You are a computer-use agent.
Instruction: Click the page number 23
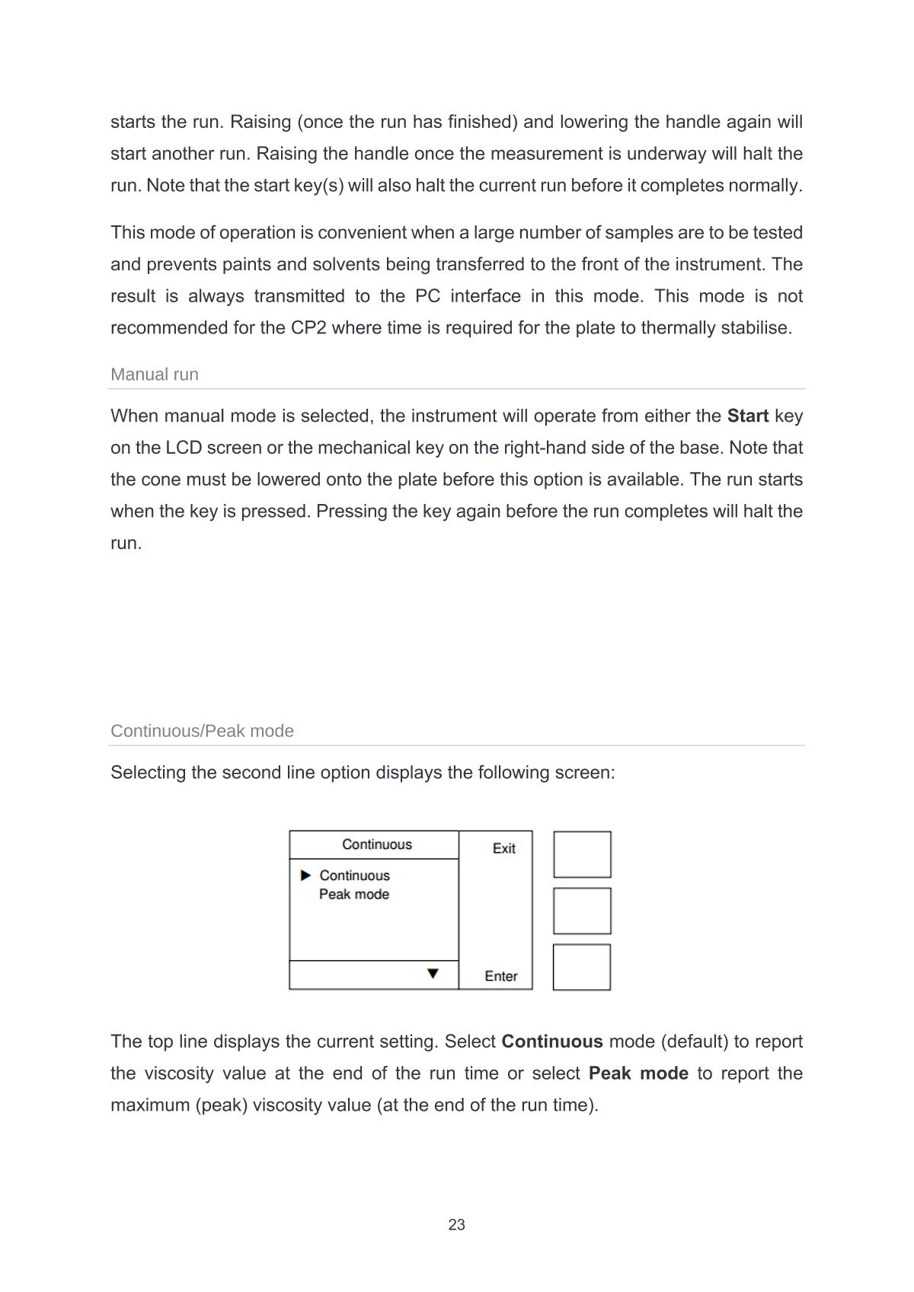click(456, 1224)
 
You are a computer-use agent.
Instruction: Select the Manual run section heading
click(155, 375)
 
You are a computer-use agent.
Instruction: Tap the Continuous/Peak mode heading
click(202, 731)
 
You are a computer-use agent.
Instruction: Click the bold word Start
click(747, 416)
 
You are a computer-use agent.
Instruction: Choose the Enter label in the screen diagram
click(500, 976)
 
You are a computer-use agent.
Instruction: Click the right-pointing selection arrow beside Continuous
click(306, 875)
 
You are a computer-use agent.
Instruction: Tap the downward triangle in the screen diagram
click(433, 974)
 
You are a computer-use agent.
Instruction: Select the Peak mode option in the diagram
click(353, 895)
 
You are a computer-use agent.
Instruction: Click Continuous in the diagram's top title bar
click(376, 844)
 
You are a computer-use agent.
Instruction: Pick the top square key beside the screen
click(582, 854)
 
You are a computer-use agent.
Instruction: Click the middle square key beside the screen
click(582, 911)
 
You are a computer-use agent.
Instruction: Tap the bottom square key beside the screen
click(582, 967)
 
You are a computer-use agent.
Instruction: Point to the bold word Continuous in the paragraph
click(551, 1042)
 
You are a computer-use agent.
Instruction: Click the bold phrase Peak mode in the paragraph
click(638, 1073)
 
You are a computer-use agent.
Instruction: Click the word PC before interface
click(427, 296)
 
